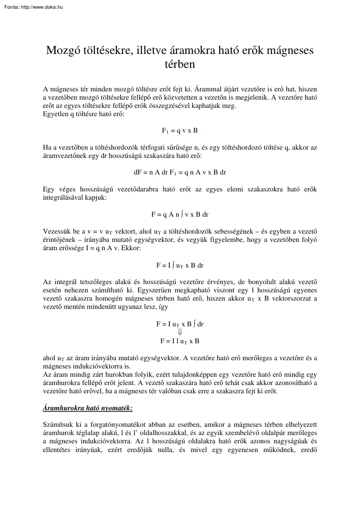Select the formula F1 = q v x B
tap(180, 131)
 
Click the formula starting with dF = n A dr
tap(180, 172)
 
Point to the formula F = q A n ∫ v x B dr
tap(180, 214)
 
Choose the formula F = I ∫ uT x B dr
tap(180, 265)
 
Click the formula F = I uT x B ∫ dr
tap(180, 324)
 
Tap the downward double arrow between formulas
tap(180, 332)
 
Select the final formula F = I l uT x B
tap(180, 341)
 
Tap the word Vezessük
tap(57, 231)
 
